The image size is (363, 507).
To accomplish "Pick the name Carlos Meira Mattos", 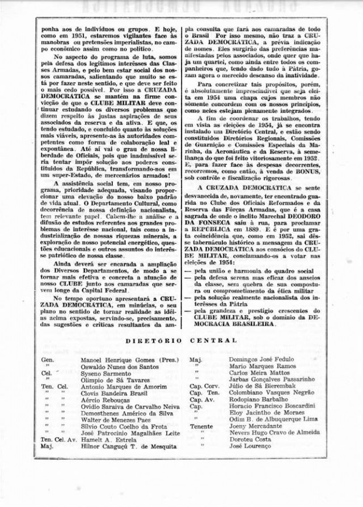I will [x=255, y=374].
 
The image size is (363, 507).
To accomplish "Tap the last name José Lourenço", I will [x=248, y=446].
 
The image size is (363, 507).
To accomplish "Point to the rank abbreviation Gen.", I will [x=48, y=360].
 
